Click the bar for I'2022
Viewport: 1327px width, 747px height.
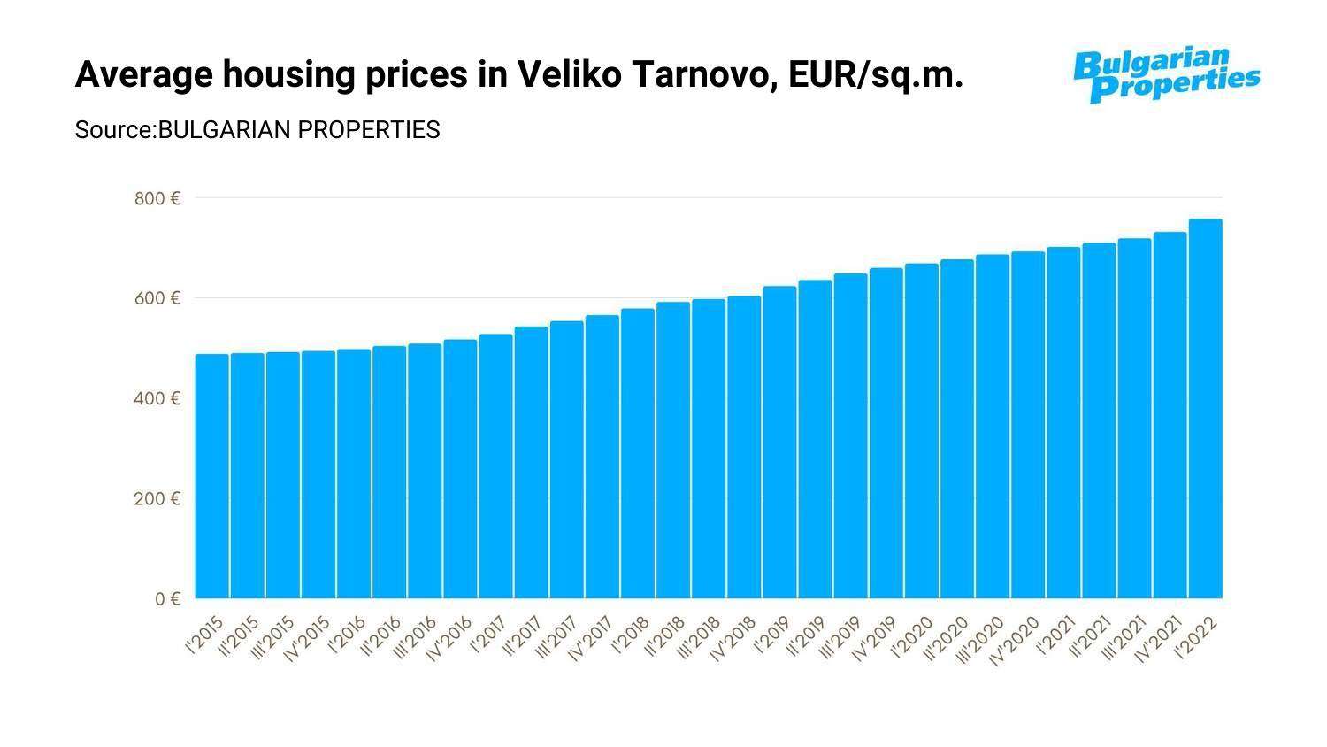tap(1205, 408)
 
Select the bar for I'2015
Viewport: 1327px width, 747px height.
tap(212, 476)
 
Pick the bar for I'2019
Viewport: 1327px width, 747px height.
tap(779, 442)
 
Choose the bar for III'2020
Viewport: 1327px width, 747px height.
tap(993, 426)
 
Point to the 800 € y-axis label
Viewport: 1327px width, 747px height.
tap(157, 198)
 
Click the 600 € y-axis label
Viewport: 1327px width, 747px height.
tap(157, 298)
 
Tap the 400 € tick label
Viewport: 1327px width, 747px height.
tap(157, 398)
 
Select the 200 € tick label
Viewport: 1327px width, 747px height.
tap(157, 498)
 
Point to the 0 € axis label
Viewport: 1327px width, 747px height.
tap(167, 599)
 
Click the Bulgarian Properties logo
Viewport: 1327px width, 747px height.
tap(1166, 74)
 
